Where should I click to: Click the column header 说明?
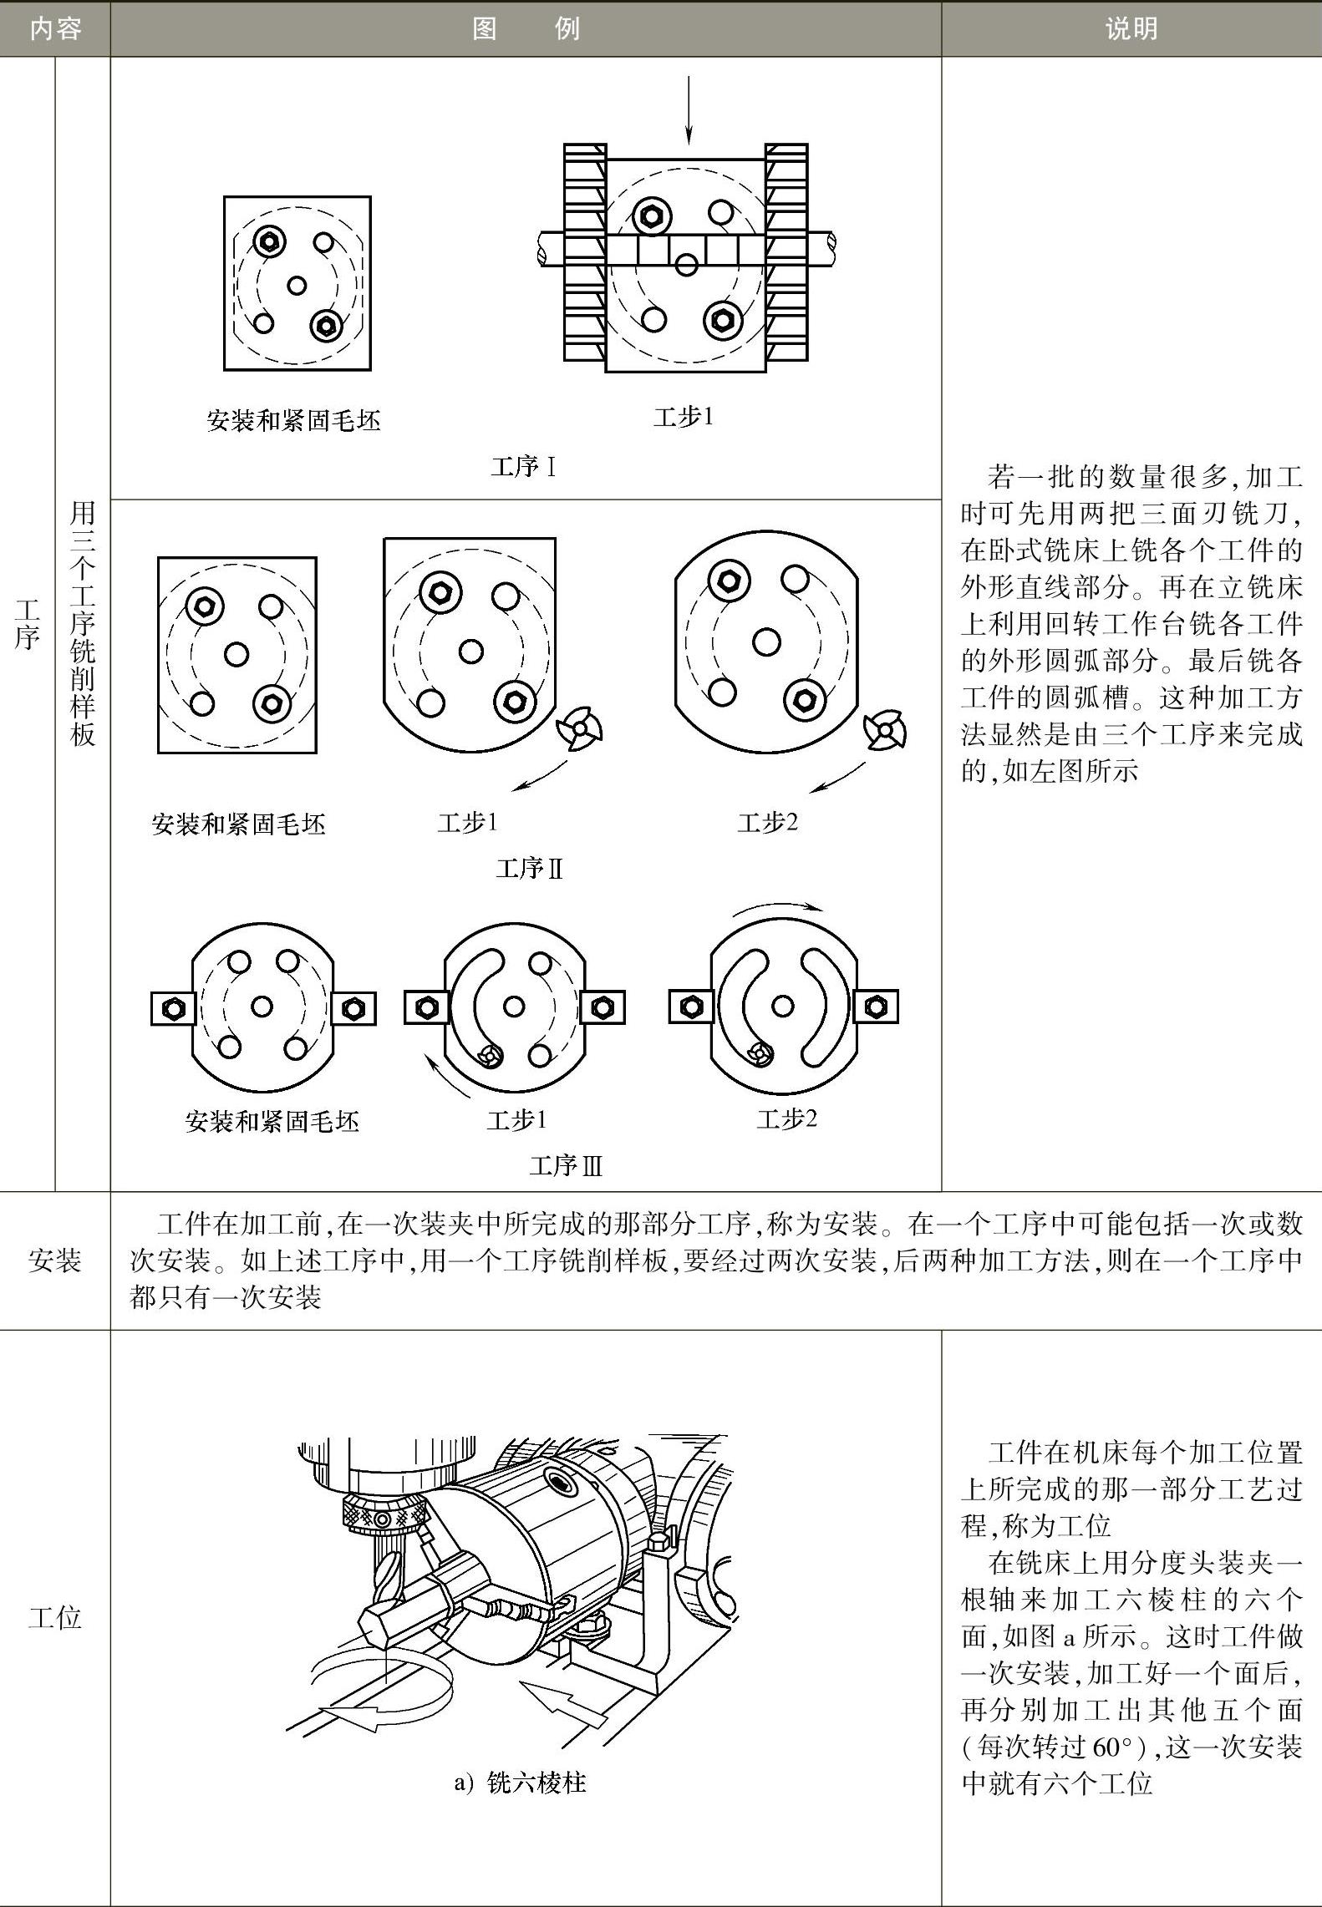(x=1131, y=29)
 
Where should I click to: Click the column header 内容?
(x=55, y=29)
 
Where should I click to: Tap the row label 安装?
(x=54, y=1260)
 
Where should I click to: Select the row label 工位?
(x=54, y=1617)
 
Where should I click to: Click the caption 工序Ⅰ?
(x=523, y=466)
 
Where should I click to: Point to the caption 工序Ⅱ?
(x=529, y=869)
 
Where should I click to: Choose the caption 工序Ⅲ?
(x=566, y=1165)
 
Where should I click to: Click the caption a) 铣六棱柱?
(x=520, y=1783)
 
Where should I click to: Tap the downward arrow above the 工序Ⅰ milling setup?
(x=689, y=109)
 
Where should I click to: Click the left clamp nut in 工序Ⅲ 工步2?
(x=691, y=1007)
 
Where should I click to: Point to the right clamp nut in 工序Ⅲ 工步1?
(x=602, y=1007)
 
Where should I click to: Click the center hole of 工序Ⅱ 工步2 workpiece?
(x=766, y=642)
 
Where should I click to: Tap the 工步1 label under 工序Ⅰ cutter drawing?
(x=684, y=416)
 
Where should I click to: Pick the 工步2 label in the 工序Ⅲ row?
(x=786, y=1118)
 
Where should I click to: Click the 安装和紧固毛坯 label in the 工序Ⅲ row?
(x=272, y=1121)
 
